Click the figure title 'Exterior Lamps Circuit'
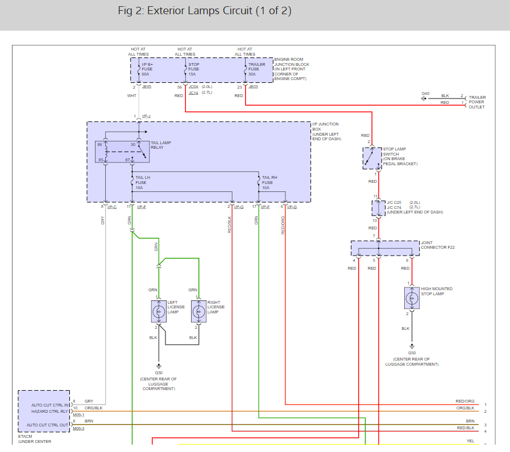pyautogui.click(x=200, y=10)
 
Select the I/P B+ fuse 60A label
pyautogui.click(x=147, y=69)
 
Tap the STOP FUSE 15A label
pyautogui.click(x=194, y=69)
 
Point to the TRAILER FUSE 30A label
pyautogui.click(x=256, y=69)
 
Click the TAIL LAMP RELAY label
pyautogui.click(x=161, y=145)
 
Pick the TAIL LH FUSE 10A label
pyautogui.click(x=143, y=183)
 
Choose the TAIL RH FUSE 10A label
pyautogui.click(x=269, y=183)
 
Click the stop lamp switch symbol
pyautogui.click(x=372, y=158)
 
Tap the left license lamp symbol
pyautogui.click(x=159, y=311)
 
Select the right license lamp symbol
pyautogui.click(x=199, y=311)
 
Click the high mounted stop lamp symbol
pyautogui.click(x=412, y=298)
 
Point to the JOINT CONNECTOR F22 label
pyautogui.click(x=437, y=245)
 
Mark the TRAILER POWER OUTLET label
pyautogui.click(x=477, y=102)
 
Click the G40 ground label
pyautogui.click(x=425, y=93)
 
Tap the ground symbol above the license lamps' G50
pyautogui.click(x=159, y=366)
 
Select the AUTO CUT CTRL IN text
pyautogui.click(x=50, y=405)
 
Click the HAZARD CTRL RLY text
pyautogui.click(x=50, y=411)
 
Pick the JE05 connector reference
pyautogui.click(x=147, y=87)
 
